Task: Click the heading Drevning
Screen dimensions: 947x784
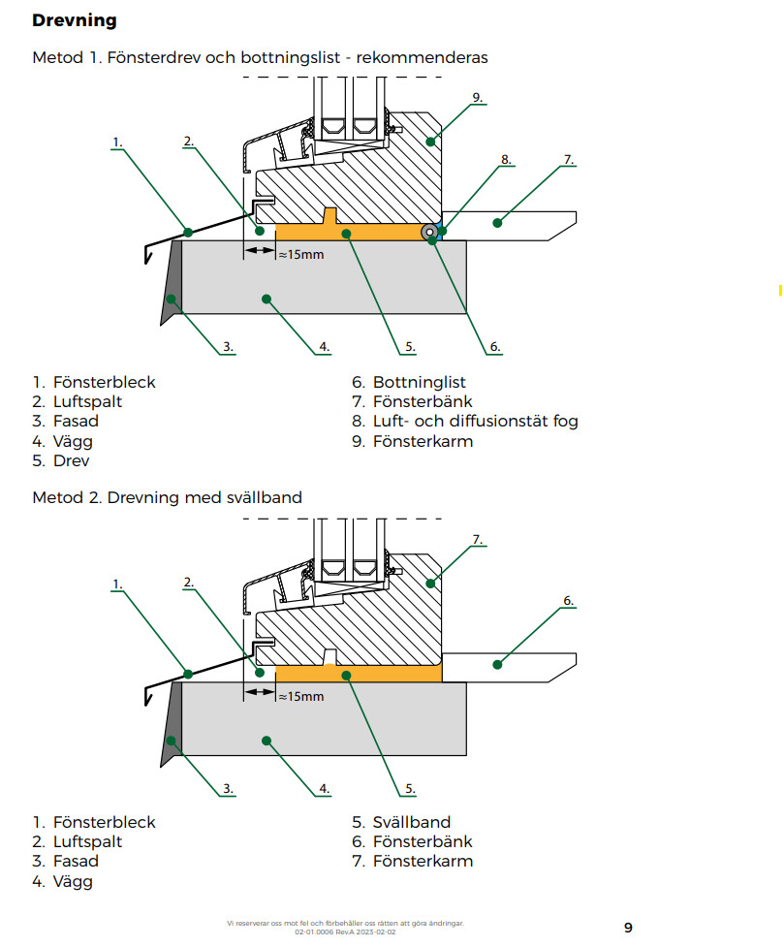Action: (74, 20)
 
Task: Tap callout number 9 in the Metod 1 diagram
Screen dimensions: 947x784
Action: (477, 98)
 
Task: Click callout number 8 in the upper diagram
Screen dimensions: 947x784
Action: (505, 159)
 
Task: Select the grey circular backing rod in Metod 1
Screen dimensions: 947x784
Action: (428, 233)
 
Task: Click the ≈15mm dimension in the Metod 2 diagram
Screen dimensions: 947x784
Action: (299, 696)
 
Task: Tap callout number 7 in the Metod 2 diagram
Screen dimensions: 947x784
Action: (477, 539)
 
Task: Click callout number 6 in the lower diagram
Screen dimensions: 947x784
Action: (568, 601)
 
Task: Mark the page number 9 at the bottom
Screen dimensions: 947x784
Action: (628, 928)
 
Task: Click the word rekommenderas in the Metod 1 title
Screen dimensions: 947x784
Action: (422, 57)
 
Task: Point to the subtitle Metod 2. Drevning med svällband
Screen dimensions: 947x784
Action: (167, 497)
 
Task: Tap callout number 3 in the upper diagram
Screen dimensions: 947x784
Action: (227, 346)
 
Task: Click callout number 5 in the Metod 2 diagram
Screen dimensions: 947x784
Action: (410, 788)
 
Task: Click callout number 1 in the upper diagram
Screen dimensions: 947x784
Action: (116, 142)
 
